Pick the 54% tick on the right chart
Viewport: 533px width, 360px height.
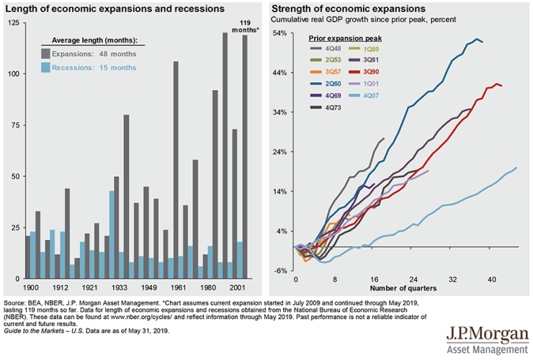[x=279, y=33]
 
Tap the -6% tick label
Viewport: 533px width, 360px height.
[x=279, y=270]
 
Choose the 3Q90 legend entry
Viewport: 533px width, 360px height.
[x=371, y=71]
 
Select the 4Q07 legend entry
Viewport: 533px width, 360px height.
[x=371, y=95]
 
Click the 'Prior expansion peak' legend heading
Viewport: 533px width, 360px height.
[x=345, y=36]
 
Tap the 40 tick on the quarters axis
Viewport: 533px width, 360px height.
[x=492, y=278]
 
